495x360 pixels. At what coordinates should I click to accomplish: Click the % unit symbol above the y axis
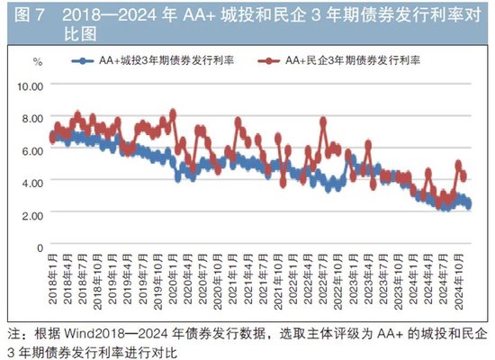point(37,61)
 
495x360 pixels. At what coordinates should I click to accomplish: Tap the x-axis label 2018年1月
point(53,283)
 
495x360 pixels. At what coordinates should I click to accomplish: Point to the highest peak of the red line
point(173,113)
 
